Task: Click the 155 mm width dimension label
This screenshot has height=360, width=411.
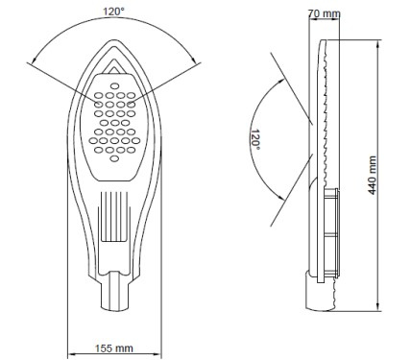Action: tap(113, 348)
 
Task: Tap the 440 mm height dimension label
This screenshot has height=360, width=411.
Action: tap(372, 175)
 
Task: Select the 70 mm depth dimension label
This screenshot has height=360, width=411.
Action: tap(325, 13)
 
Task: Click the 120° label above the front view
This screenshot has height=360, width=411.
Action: tap(113, 12)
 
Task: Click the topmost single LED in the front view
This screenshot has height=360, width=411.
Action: tap(114, 85)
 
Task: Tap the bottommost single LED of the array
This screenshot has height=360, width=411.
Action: tap(114, 158)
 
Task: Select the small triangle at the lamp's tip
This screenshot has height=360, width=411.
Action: tap(112, 67)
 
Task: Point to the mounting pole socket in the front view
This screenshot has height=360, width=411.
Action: tap(115, 291)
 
